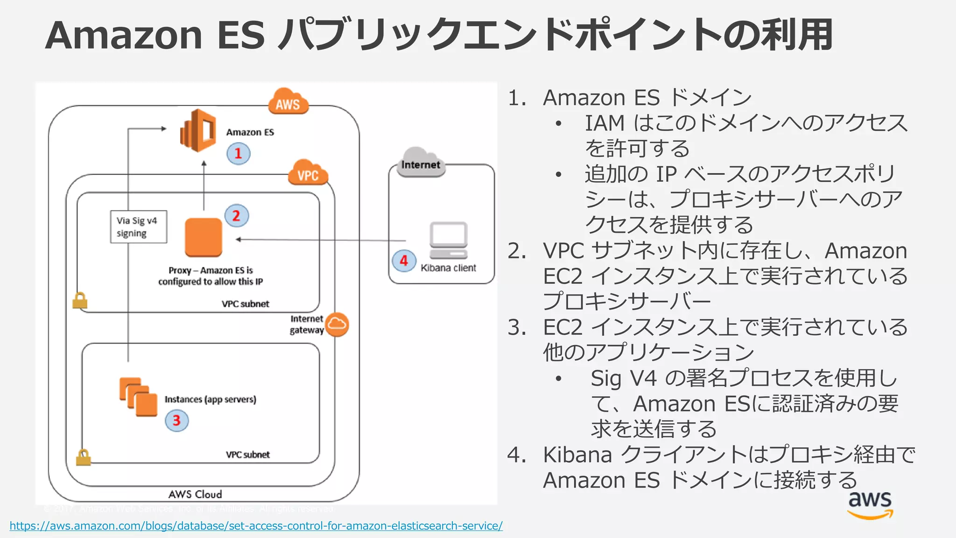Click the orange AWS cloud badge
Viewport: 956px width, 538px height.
(288, 102)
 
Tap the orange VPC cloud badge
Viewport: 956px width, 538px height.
(308, 173)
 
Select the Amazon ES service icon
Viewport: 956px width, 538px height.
(198, 131)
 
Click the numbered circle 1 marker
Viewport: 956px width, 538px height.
(239, 154)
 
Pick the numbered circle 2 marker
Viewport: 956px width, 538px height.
(237, 216)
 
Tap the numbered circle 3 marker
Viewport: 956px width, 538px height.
(176, 420)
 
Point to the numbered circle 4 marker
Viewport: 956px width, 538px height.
(404, 261)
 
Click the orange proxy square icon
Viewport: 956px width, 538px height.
(204, 237)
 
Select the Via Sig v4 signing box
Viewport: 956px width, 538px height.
(138, 227)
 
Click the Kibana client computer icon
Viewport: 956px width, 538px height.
(448, 240)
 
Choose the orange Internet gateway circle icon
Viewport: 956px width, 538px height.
(337, 324)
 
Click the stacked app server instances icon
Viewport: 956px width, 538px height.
(138, 396)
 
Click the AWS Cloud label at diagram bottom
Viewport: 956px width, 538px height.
(195, 494)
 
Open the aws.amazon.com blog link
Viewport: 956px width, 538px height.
(256, 526)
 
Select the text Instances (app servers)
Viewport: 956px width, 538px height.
(210, 399)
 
